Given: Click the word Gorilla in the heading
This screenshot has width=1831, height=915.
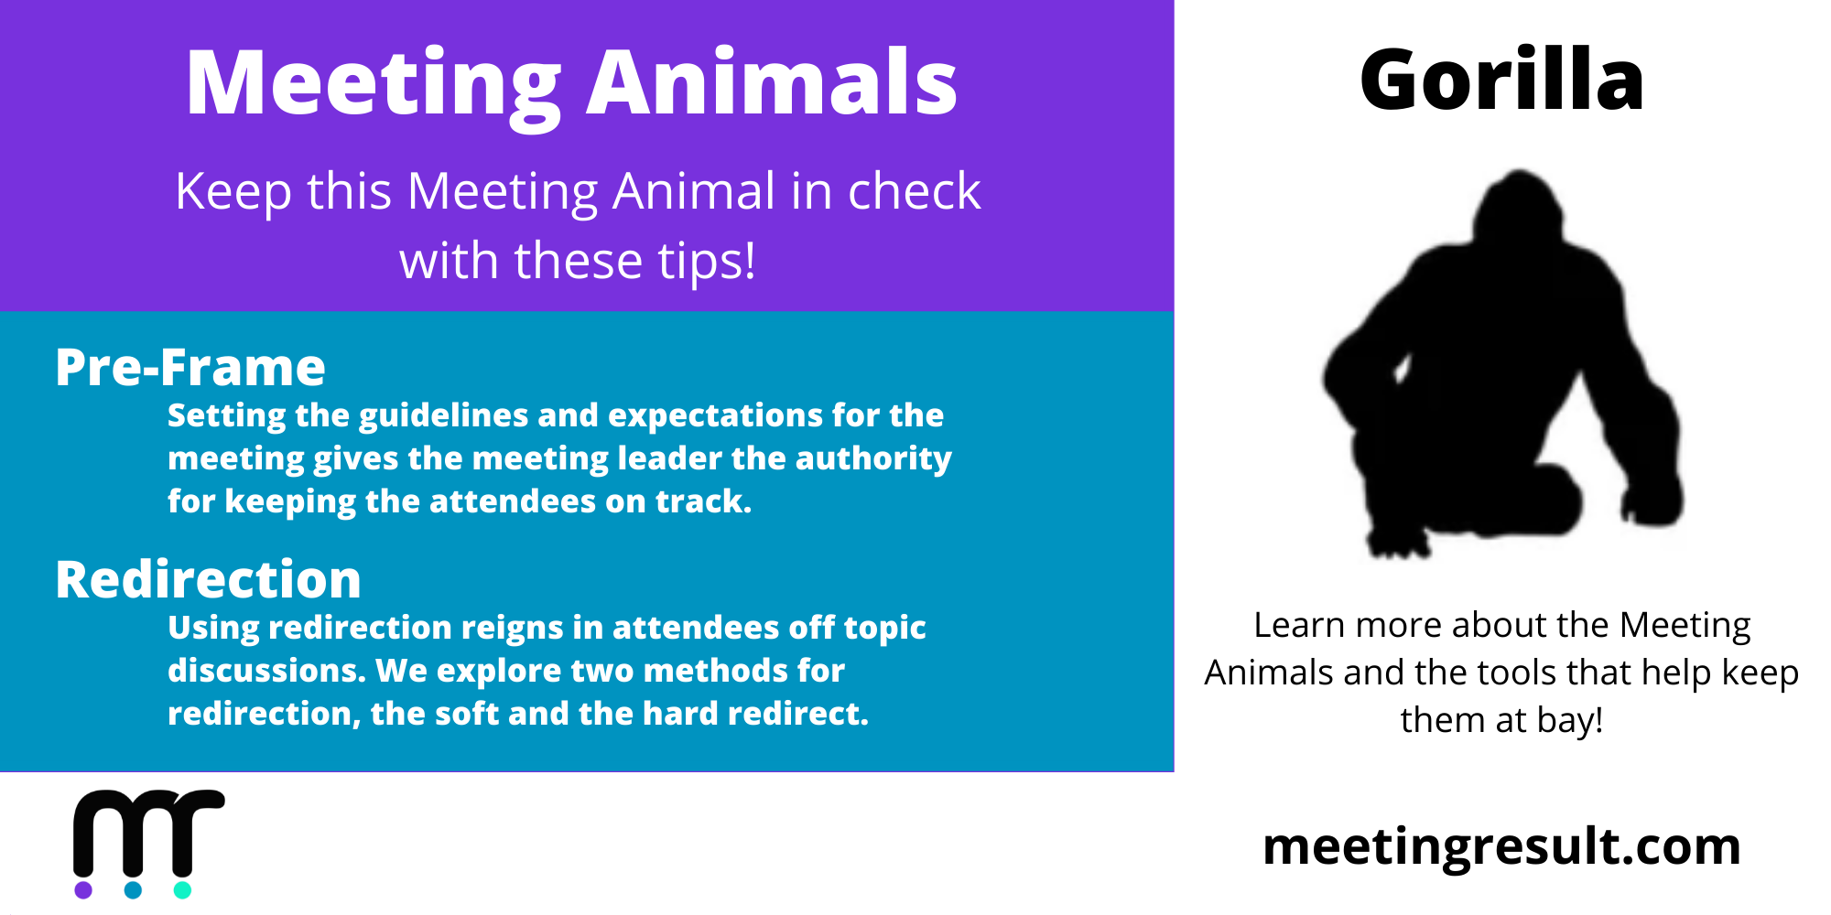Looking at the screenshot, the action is point(1501,80).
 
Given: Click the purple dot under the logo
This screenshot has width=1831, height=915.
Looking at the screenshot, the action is point(83,889).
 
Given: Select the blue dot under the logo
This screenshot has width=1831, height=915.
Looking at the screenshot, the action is point(133,889).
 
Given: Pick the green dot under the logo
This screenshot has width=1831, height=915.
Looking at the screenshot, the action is point(182,889).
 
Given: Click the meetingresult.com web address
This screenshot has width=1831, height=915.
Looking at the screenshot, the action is point(1501,846).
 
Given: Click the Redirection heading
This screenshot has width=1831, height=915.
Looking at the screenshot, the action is point(209,579).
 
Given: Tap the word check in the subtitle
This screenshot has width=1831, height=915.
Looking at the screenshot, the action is point(915,191).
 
